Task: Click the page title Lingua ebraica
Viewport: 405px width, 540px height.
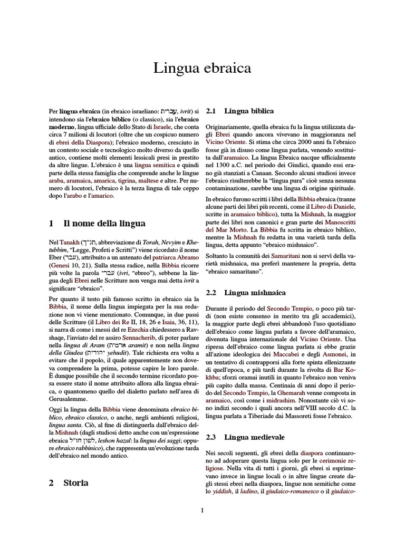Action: (202, 69)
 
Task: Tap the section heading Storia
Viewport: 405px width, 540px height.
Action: (76, 483)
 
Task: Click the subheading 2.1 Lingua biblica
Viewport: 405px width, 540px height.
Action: (248, 111)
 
